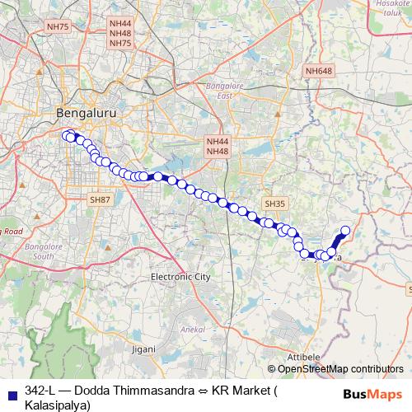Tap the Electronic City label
(180, 277)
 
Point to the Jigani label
(143, 349)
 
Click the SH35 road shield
(274, 204)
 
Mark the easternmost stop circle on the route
(345, 231)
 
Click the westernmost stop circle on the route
(67, 135)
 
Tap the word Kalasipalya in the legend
(59, 405)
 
